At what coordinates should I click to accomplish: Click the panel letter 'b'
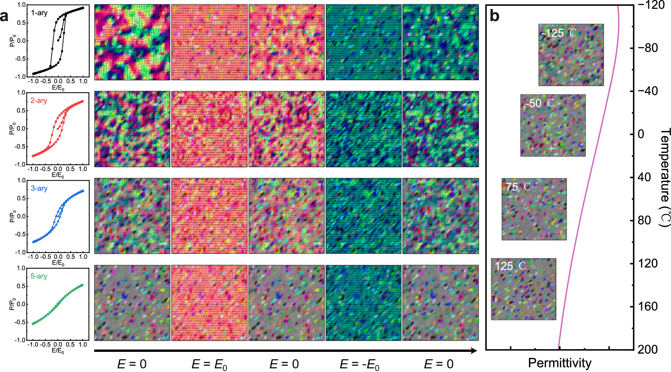coord(494,16)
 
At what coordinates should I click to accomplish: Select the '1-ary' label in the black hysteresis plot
coord(39,13)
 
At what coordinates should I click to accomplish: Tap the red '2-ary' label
coord(39,101)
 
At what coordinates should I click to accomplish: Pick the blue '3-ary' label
coord(39,189)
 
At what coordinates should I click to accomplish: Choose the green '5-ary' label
coord(39,276)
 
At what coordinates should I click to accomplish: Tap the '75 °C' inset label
coord(518,187)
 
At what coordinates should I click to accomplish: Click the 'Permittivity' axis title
coord(560,363)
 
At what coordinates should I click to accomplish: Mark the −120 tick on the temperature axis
coord(651,5)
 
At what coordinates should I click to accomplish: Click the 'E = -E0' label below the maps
coord(359,364)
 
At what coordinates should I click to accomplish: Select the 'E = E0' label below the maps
coord(209,364)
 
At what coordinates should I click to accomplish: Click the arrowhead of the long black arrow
coord(474,351)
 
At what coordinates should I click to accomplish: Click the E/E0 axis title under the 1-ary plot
coord(58,88)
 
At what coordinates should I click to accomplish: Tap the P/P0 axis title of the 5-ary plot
coord(12,304)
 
